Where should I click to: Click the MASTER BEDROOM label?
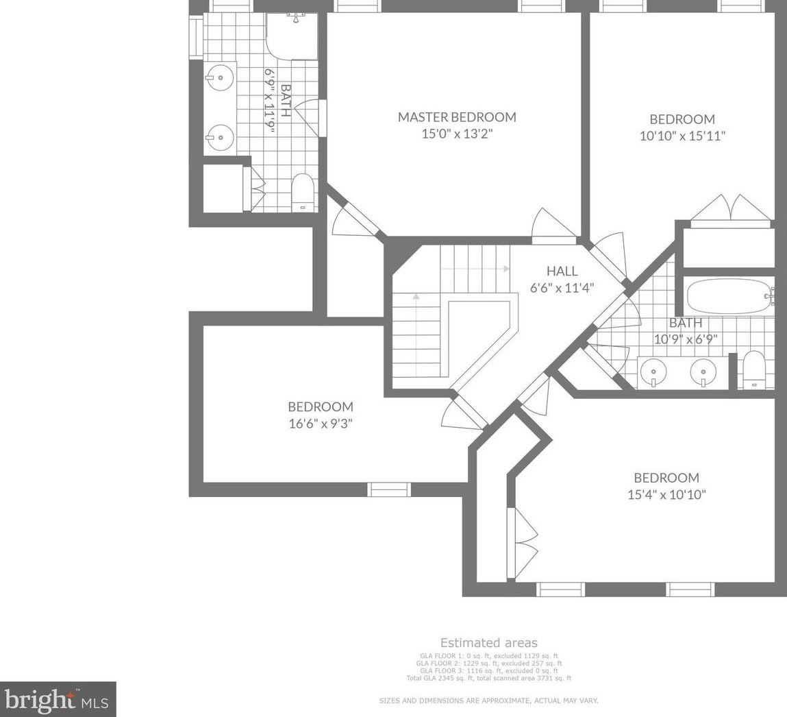457,117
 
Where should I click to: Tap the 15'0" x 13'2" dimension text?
458,134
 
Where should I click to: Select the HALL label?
562,271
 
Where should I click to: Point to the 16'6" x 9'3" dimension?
321,424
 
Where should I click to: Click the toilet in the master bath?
303,193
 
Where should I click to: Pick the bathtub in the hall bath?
729,296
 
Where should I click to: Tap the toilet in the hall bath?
753,369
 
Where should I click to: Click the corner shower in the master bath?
292,36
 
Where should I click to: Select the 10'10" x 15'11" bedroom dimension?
683,136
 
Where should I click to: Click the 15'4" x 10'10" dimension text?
666,494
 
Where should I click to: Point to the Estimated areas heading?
488,643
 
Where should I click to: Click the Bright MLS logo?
58,699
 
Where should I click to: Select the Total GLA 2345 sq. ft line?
489,679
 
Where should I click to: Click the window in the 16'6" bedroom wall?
389,489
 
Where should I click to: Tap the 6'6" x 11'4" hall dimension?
562,288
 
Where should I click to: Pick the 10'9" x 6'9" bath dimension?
685,339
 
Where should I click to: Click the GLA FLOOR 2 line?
489,664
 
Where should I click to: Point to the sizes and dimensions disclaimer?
488,701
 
